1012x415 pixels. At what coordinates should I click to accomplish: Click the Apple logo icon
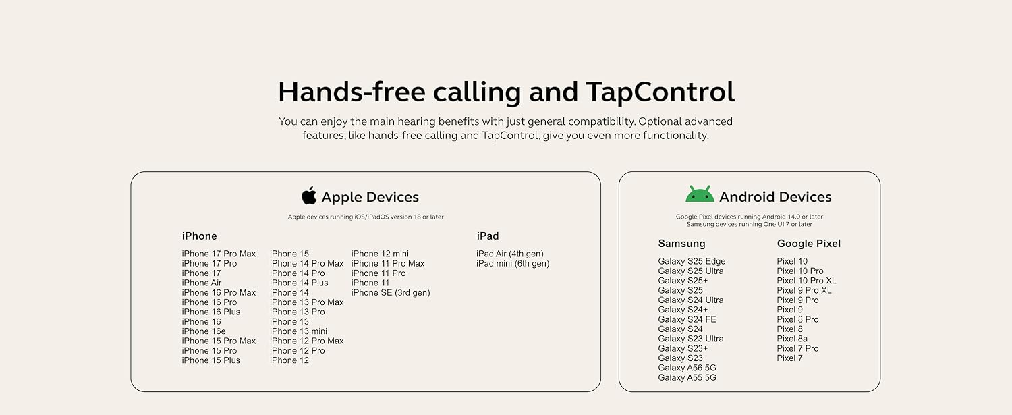[309, 195]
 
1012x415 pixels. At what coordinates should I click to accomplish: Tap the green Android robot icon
[700, 194]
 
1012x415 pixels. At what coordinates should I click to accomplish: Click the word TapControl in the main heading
[660, 92]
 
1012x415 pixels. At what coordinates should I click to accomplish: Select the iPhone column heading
[199, 236]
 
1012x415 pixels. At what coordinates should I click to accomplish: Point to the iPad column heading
[488, 236]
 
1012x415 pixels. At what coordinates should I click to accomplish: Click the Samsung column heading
[681, 243]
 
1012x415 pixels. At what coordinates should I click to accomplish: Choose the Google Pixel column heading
[809, 244]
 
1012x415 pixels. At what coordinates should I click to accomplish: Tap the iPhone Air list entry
[202, 283]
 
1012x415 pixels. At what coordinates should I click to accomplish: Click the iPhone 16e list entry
[204, 331]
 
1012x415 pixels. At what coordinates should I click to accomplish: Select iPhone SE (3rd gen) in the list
[391, 293]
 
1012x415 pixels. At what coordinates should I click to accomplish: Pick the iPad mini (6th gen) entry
[513, 264]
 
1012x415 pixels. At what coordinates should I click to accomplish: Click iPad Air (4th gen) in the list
[510, 254]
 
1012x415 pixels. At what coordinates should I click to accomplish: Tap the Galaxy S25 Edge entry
[692, 261]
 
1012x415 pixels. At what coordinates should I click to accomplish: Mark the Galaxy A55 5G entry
[687, 377]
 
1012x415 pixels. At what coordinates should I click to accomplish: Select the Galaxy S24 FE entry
[687, 320]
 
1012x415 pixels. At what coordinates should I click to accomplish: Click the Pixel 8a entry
[792, 339]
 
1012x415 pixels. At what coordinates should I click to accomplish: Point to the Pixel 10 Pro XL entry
[806, 281]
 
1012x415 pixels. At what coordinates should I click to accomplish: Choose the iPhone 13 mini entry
[299, 331]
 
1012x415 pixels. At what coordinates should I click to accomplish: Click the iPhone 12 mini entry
[380, 254]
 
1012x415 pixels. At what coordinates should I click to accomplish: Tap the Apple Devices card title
[370, 197]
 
